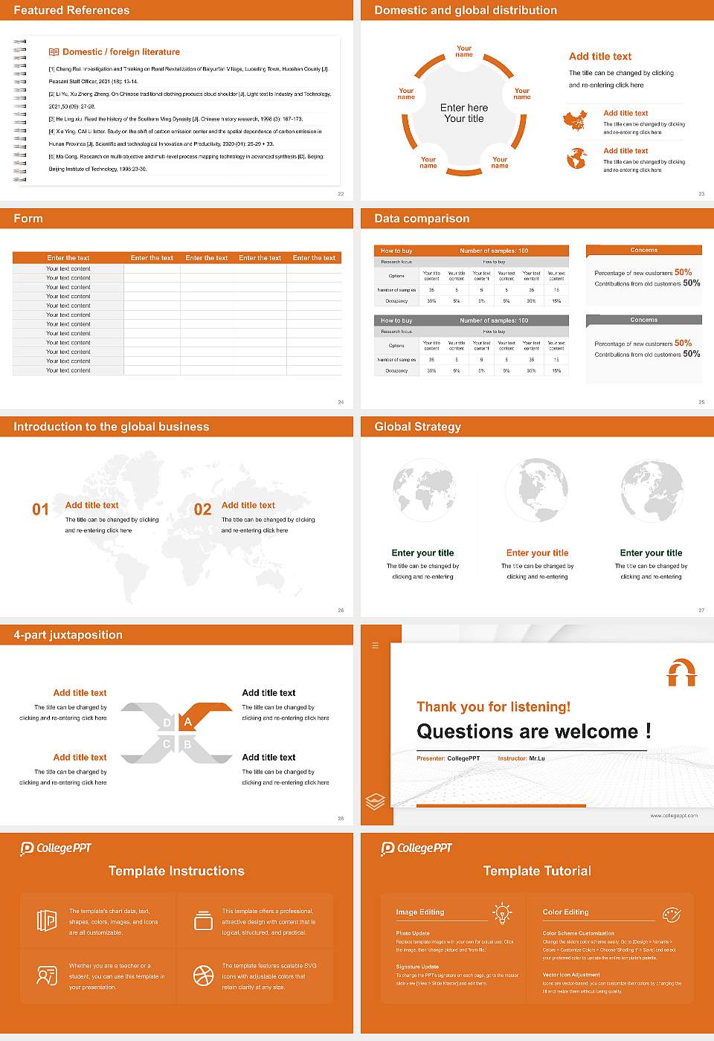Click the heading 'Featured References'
click(x=71, y=10)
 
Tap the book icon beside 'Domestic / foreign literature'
click(x=54, y=52)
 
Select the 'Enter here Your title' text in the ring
click(x=464, y=113)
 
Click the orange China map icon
click(x=575, y=120)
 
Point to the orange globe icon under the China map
click(x=576, y=158)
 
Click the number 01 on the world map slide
click(x=40, y=509)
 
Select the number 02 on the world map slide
click(x=202, y=509)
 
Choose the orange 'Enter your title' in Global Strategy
click(x=537, y=553)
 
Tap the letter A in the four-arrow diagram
click(x=188, y=722)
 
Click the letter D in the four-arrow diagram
click(x=167, y=723)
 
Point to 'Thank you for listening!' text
click(x=493, y=706)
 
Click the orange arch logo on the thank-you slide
click(x=681, y=672)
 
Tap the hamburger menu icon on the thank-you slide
click(x=375, y=645)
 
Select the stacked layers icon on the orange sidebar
click(x=375, y=801)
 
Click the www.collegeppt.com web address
click(x=674, y=816)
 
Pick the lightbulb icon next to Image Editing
click(x=502, y=913)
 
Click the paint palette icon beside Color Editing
click(x=671, y=914)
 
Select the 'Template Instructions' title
click(x=176, y=871)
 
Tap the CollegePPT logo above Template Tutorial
click(x=416, y=848)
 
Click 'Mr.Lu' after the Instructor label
click(x=537, y=758)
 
